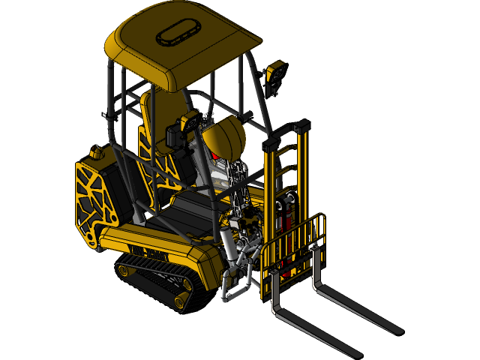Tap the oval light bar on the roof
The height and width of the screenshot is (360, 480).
[x=176, y=34]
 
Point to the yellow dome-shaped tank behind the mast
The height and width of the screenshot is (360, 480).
[x=225, y=138]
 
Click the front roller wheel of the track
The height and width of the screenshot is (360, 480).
[x=181, y=301]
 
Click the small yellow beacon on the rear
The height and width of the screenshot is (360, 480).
[x=96, y=153]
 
